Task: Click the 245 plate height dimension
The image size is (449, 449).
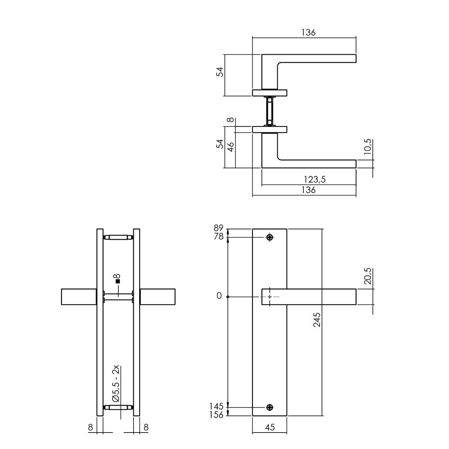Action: point(317,320)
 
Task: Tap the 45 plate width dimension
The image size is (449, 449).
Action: point(270,427)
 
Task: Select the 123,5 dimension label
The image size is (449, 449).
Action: point(314,180)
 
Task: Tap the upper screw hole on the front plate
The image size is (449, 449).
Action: point(270,237)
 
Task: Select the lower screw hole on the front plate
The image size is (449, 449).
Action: point(270,407)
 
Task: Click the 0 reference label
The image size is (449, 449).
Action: point(219,296)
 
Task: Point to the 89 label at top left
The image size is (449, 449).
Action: point(219,228)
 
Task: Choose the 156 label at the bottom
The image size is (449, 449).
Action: point(217,415)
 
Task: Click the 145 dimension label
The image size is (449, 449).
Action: point(217,406)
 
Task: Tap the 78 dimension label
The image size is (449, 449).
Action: point(219,236)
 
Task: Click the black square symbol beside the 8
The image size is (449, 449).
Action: point(117,281)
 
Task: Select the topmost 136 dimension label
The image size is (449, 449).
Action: point(308,33)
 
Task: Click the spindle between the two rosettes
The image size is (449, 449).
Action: point(270,111)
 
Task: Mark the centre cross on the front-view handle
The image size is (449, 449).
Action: point(270,297)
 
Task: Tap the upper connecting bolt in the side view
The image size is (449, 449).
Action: point(118,237)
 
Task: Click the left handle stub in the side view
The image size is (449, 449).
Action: point(79,297)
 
